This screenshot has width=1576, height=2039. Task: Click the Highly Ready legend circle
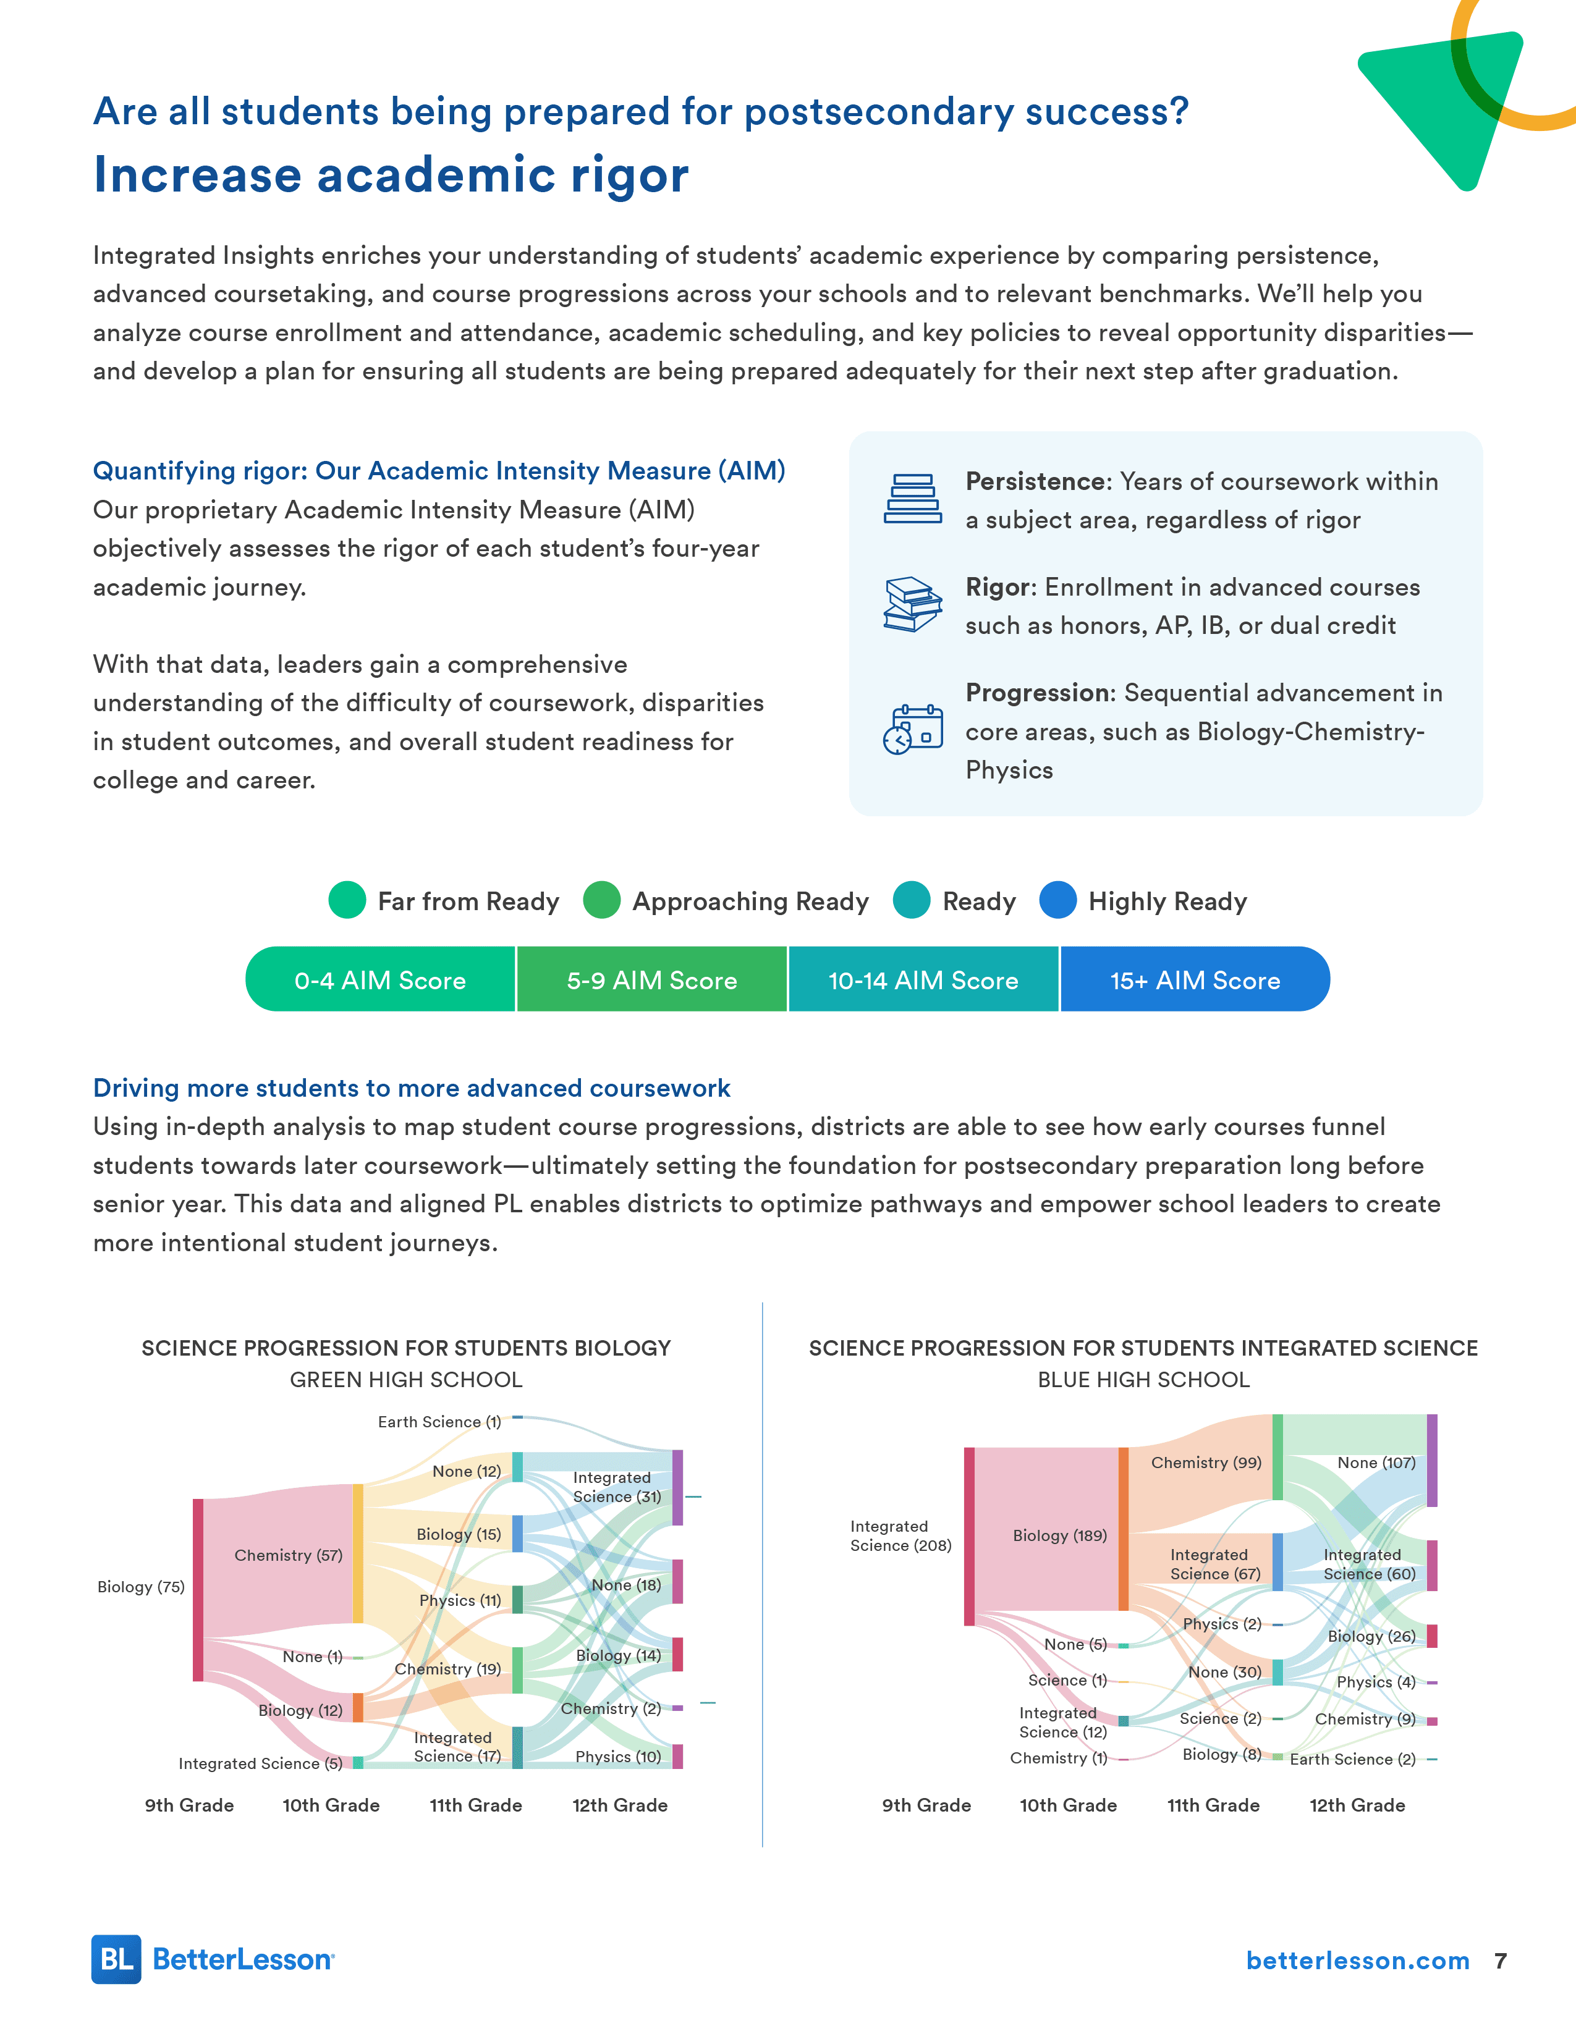(x=1058, y=900)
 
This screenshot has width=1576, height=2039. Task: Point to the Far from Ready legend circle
(x=347, y=900)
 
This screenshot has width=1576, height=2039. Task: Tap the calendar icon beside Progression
(x=912, y=729)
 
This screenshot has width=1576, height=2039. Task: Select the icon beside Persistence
(x=912, y=499)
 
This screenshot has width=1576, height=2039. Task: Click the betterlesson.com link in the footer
(x=1358, y=1961)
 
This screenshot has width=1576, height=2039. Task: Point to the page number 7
(x=1501, y=1961)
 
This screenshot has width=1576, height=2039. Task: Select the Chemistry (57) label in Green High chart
(x=289, y=1555)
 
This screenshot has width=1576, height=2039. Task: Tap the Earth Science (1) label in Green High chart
(x=439, y=1422)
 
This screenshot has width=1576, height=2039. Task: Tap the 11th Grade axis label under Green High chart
(x=475, y=1805)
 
